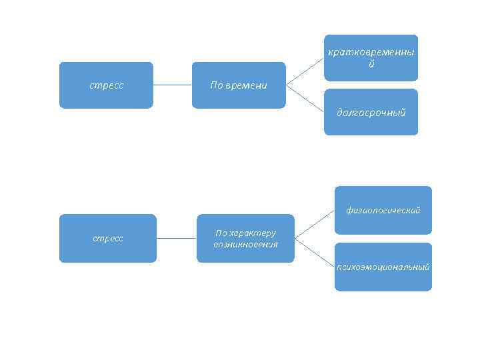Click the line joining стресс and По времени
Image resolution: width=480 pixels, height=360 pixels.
[x=172, y=85]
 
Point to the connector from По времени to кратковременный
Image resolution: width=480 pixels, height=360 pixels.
[x=305, y=71]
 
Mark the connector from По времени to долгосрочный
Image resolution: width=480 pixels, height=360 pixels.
[x=305, y=98]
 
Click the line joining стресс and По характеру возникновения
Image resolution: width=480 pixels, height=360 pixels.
[x=177, y=238]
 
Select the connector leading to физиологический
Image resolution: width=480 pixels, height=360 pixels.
[x=314, y=225]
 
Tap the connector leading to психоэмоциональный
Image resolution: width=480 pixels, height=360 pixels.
[x=314, y=250]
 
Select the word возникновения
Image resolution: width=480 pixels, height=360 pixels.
[x=245, y=244]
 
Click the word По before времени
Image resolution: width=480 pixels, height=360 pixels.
[x=217, y=85]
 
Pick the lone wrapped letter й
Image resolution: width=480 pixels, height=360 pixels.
[x=371, y=64]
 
